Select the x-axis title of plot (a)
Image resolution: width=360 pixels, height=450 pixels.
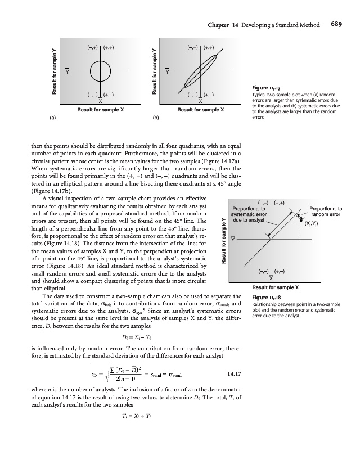pos(100,109)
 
